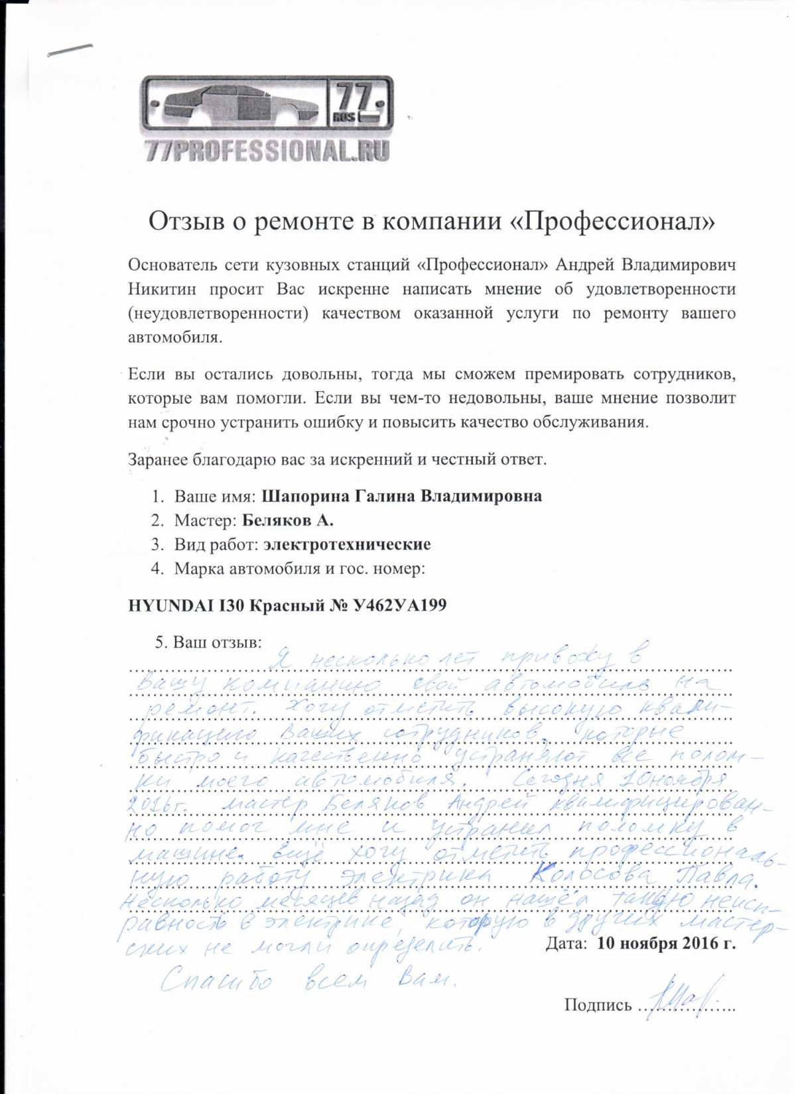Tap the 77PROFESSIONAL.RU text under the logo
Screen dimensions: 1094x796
267,151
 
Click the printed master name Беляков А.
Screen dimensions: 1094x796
288,520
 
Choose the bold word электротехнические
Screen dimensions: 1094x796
347,544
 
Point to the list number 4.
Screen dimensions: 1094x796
157,568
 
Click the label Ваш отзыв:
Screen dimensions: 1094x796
217,642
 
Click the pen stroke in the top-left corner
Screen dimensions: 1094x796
70,51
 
